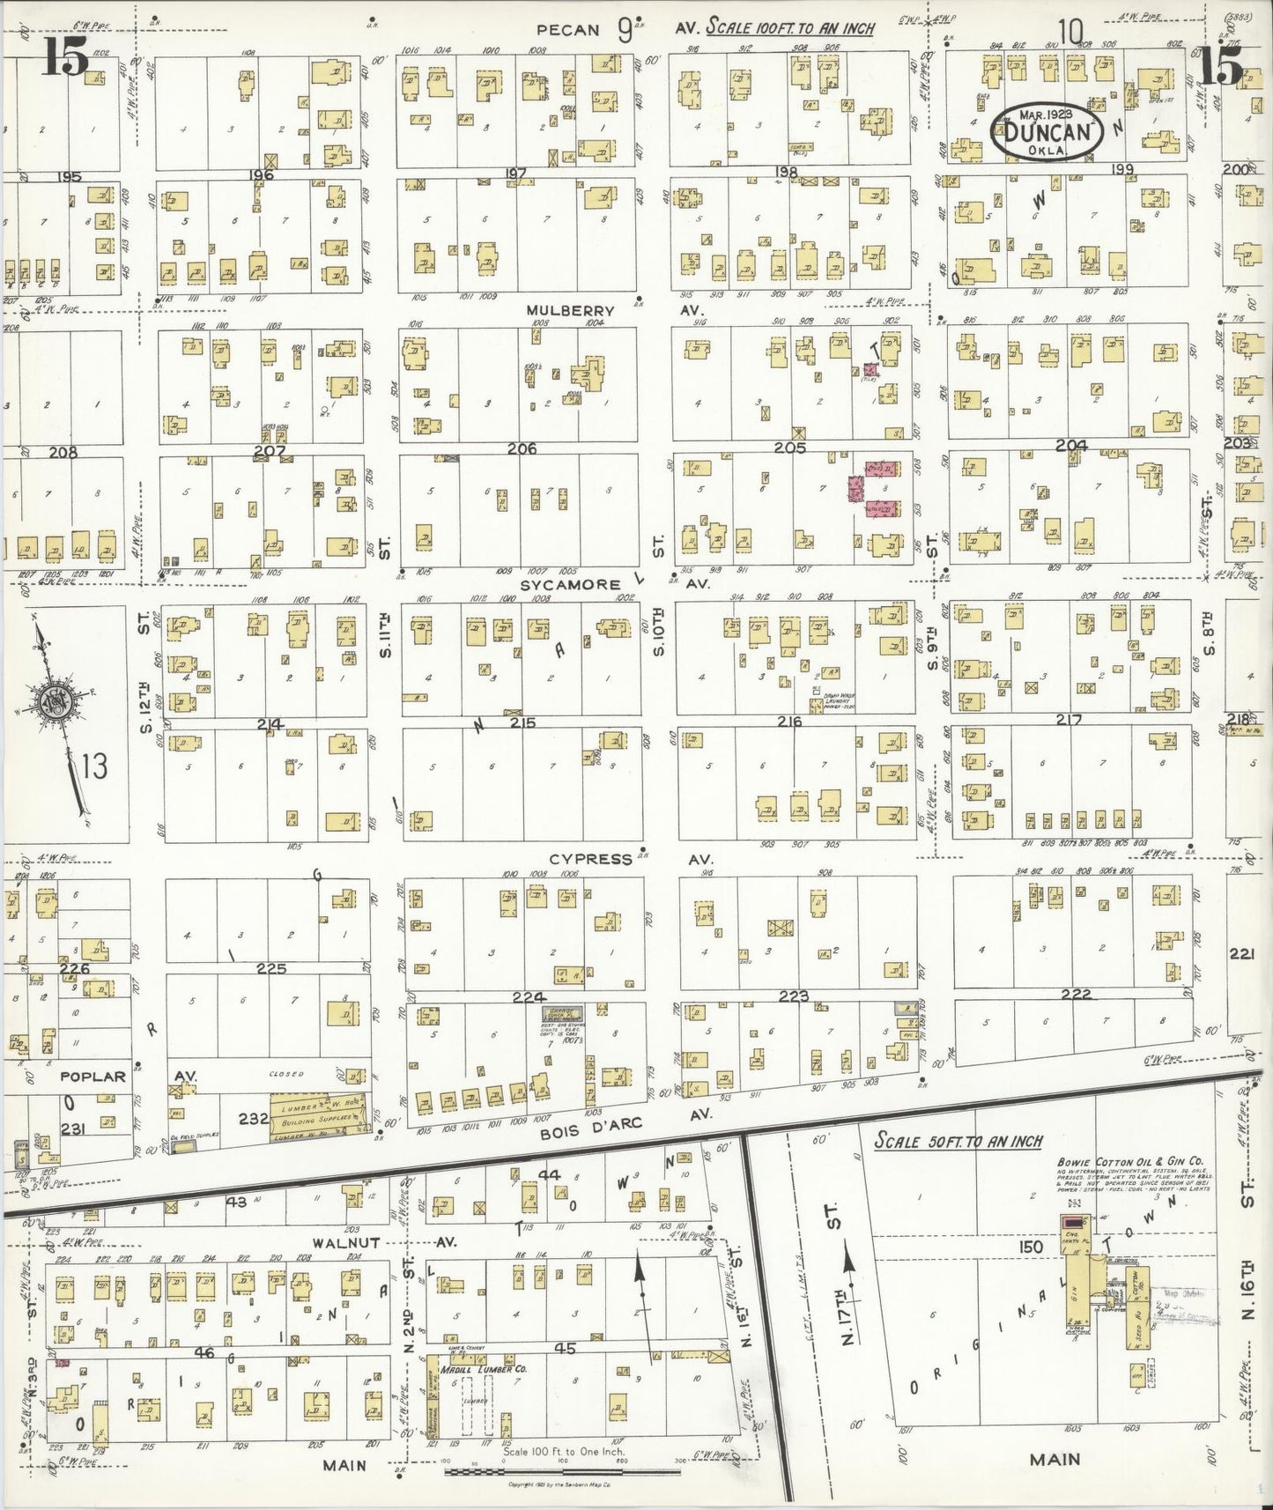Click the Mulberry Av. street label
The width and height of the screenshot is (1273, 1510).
571,311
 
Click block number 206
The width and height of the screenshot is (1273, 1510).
522,448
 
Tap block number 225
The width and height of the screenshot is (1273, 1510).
271,968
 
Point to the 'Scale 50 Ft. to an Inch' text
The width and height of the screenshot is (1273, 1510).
958,1141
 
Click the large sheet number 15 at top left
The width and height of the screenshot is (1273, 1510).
63,58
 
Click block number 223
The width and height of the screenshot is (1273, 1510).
794,995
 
